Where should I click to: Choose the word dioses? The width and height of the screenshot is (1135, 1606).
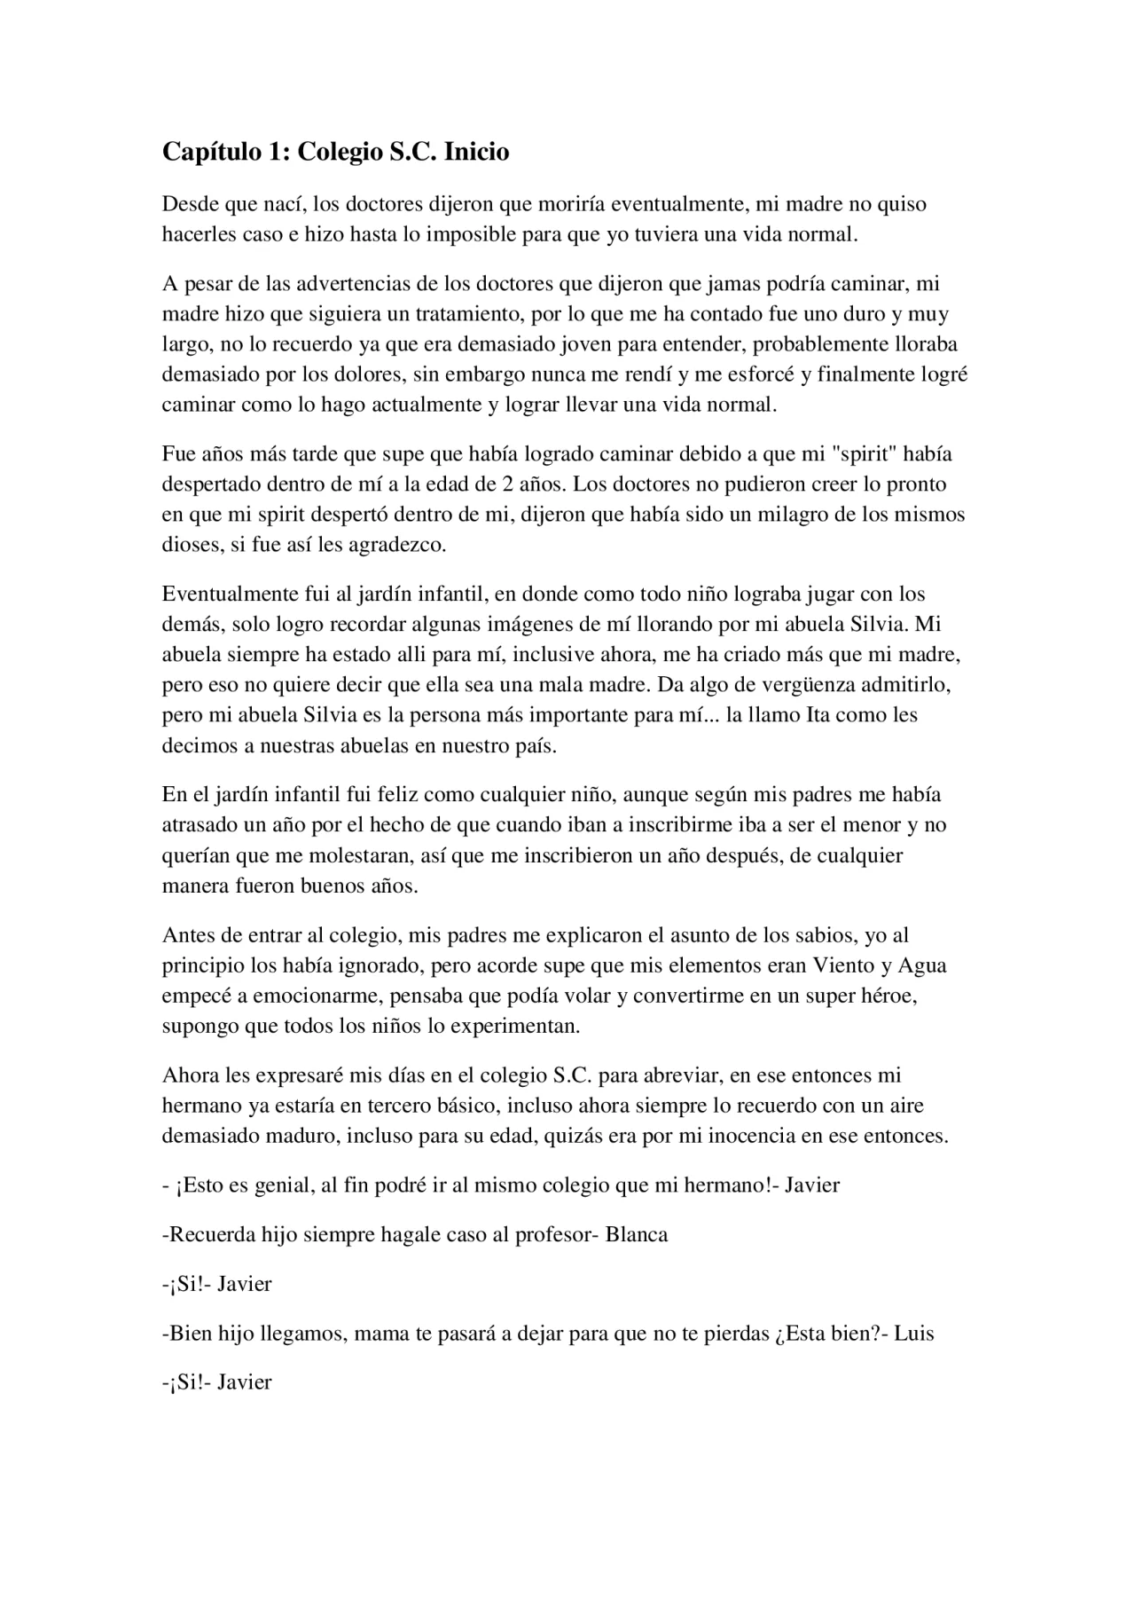191,545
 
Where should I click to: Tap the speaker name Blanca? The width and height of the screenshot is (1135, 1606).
637,1235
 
